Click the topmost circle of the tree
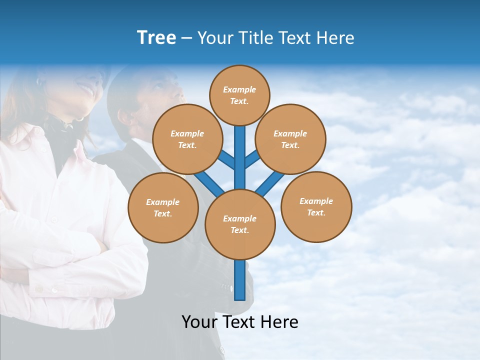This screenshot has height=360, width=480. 239,95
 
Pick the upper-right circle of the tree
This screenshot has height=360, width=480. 290,139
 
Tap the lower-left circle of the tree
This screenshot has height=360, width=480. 163,207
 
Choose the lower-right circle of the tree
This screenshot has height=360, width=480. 316,206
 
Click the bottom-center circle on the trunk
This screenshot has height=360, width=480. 240,224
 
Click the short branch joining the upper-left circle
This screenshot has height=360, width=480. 226,159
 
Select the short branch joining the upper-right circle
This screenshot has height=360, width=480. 252,159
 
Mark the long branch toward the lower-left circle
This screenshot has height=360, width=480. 207,182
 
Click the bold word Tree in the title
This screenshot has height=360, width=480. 156,37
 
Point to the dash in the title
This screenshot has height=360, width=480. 186,38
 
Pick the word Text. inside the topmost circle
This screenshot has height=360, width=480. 239,101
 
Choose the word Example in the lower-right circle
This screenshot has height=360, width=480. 316,201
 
